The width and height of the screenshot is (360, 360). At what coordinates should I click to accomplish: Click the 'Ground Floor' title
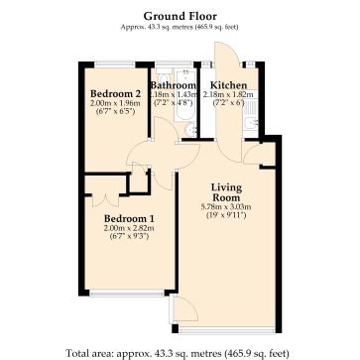point(180,16)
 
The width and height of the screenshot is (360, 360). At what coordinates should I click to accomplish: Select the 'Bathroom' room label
point(173,85)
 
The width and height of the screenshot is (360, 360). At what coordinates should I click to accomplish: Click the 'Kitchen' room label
point(230,85)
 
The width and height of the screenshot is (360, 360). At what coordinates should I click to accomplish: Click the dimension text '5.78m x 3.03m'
point(227,207)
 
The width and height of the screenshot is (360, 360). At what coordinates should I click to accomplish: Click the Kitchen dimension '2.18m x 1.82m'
point(230,95)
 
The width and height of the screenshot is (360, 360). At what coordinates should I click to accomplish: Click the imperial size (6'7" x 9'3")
point(129,237)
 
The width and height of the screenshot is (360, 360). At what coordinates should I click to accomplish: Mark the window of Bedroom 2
point(110,66)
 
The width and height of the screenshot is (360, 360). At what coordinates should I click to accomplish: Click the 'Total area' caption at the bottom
point(179,350)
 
